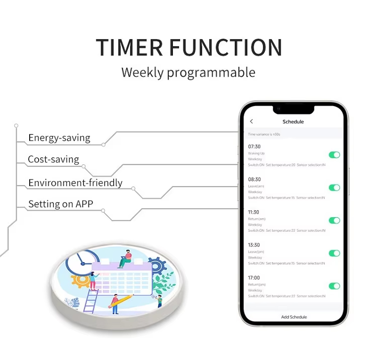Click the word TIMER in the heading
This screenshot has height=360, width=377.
point(130,47)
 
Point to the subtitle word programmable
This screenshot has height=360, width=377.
point(211,72)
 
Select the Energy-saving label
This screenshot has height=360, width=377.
point(59,138)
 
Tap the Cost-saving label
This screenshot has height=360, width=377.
point(53,159)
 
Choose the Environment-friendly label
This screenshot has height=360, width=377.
point(75,183)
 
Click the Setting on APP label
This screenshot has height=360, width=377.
point(60,204)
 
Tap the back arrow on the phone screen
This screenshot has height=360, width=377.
point(251,122)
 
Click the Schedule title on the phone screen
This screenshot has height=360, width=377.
point(293,122)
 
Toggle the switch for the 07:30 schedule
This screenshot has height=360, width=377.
point(334,155)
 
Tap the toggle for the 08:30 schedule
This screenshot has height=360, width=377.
point(334,188)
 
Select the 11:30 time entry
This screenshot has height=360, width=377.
point(254,212)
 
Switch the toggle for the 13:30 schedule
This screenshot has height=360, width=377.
point(334,253)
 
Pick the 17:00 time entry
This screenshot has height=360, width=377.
point(254,278)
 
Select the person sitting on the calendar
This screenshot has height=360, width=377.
point(126,258)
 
